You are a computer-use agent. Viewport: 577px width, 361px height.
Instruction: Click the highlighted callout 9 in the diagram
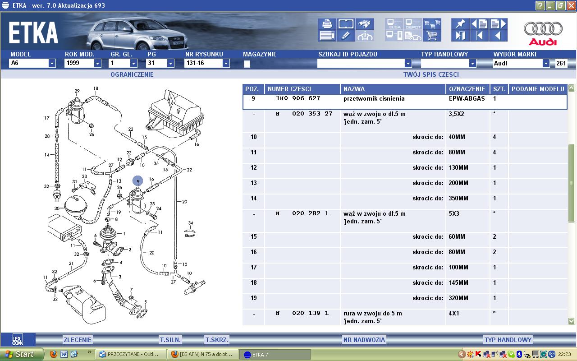pyautogui.click(x=138, y=181)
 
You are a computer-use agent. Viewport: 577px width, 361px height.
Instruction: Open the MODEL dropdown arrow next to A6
pyautogui.click(x=52, y=63)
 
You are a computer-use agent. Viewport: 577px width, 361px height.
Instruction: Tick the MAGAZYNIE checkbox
pyautogui.click(x=247, y=64)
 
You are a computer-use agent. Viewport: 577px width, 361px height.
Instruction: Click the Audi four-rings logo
pyautogui.click(x=543, y=28)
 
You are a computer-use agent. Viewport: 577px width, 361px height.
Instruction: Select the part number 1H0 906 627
pyautogui.click(x=298, y=98)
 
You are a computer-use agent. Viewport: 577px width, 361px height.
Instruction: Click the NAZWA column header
pyautogui.click(x=354, y=89)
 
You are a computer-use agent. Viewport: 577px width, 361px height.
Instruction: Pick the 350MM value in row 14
pyautogui.click(x=458, y=198)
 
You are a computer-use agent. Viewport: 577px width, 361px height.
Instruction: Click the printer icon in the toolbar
pyautogui.click(x=327, y=24)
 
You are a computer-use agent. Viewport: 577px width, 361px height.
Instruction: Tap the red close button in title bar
pyautogui.click(x=571, y=5)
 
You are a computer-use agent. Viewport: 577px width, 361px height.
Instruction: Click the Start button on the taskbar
pyautogui.click(x=22, y=354)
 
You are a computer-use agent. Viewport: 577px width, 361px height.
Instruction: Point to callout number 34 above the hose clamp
pyautogui.click(x=190, y=223)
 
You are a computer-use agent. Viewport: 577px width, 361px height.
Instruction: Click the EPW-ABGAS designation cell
pyautogui.click(x=467, y=98)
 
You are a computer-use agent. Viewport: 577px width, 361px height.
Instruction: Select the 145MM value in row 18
pyautogui.click(x=458, y=282)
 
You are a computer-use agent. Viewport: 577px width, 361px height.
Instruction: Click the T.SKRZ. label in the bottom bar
pyautogui.click(x=216, y=340)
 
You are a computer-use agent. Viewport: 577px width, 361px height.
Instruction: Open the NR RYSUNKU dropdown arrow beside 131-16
pyautogui.click(x=226, y=63)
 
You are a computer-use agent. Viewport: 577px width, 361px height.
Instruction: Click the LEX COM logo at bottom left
pyautogui.click(x=18, y=339)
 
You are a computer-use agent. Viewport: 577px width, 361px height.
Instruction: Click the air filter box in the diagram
pyautogui.click(x=176, y=113)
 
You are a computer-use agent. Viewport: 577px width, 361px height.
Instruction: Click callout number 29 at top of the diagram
pyautogui.click(x=77, y=91)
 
